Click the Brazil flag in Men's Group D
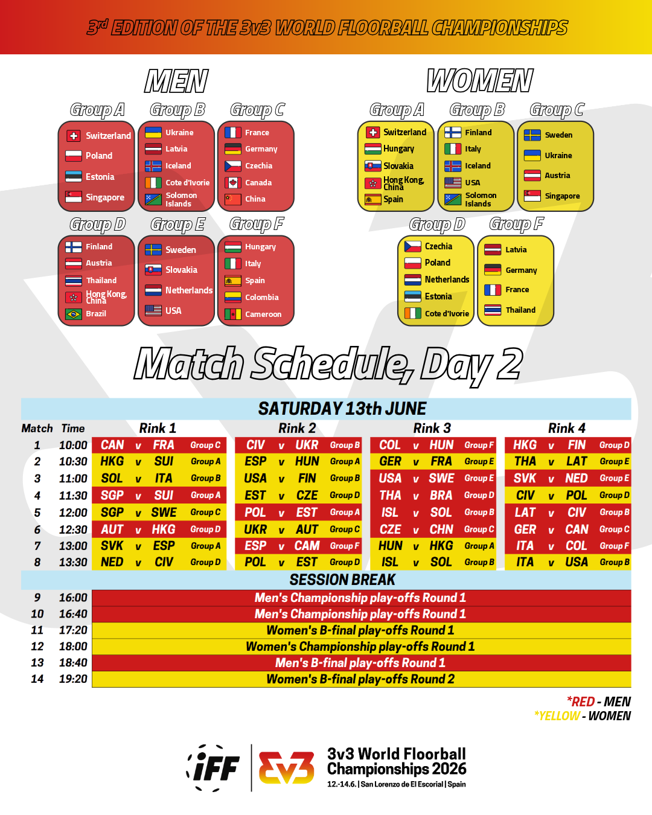(74, 314)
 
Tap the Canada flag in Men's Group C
(233, 182)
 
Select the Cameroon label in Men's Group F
(263, 315)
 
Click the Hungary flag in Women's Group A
(372, 149)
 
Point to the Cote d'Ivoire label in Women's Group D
(447, 314)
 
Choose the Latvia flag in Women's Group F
(493, 249)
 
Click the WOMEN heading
(480, 81)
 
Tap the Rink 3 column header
(432, 428)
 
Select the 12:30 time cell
(73, 529)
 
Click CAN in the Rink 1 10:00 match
(112, 445)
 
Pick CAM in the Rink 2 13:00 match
(307, 546)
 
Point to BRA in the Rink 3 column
(441, 495)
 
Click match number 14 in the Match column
(37, 679)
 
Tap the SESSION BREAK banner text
(342, 580)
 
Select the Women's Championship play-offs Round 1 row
(360, 647)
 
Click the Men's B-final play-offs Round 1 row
(360, 663)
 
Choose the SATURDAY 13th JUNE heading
(342, 409)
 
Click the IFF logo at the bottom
(215, 768)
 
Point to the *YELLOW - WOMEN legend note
(583, 716)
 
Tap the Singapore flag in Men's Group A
(74, 197)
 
